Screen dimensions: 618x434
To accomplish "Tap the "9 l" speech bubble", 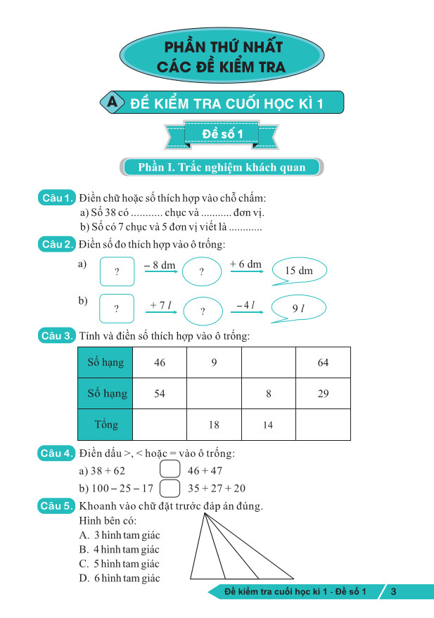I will tap(298, 309).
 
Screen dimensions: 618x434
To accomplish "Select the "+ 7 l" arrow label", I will tap(158, 304).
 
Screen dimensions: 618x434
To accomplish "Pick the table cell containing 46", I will tap(160, 363).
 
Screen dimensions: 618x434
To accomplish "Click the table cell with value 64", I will tap(323, 363).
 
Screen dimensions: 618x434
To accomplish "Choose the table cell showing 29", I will tap(323, 394).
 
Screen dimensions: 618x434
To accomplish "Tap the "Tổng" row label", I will tap(106, 425).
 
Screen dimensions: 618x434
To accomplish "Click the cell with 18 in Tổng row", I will tap(214, 425).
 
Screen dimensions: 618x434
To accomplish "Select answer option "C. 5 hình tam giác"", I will tap(120, 564).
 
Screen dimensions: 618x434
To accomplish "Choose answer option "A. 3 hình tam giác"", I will tap(120, 536).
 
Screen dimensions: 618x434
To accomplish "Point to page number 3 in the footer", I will tap(394, 592).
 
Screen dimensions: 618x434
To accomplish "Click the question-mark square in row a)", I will tap(117, 271).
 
